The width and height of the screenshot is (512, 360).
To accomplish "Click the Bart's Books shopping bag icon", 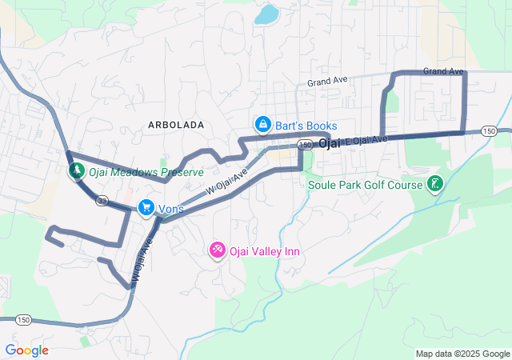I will [x=262, y=125].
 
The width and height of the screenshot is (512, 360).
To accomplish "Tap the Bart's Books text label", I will [x=306, y=126].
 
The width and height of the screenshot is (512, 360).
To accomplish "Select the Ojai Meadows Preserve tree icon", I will [x=76, y=171].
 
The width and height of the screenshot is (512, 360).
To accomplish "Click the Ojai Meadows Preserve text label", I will [x=146, y=172].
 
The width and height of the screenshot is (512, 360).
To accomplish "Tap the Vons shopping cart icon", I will [x=146, y=208].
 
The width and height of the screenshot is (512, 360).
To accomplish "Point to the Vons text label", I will [x=171, y=209].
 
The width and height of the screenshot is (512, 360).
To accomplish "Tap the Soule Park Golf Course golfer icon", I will [x=434, y=185].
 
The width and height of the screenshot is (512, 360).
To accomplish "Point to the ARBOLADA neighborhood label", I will [x=176, y=126].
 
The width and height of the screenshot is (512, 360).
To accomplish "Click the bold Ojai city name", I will [x=330, y=143].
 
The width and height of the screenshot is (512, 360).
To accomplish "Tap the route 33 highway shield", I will [x=103, y=201].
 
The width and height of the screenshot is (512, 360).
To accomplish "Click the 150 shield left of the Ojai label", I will [x=304, y=144].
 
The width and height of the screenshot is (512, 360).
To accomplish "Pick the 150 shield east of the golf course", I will [x=490, y=130].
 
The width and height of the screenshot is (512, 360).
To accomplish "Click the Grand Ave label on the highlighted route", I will [x=444, y=71].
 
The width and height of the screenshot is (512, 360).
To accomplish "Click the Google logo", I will [x=26, y=350].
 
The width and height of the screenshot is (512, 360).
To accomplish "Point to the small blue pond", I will [x=266, y=14].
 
